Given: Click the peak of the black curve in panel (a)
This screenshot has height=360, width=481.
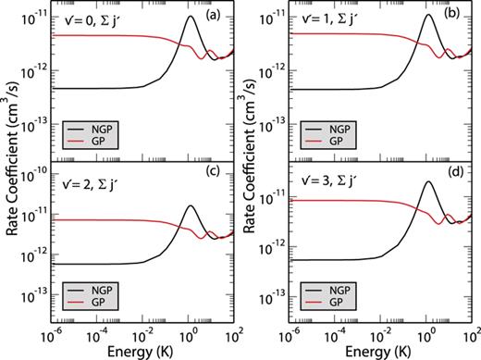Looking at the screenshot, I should [191, 17].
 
